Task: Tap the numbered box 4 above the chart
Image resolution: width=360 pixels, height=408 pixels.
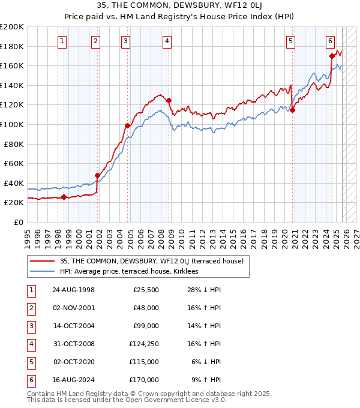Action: (166, 41)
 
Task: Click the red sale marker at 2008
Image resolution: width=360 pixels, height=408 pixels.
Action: (169, 101)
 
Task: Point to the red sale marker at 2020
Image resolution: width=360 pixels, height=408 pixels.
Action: (293, 110)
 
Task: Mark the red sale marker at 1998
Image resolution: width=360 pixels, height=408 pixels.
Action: (64, 197)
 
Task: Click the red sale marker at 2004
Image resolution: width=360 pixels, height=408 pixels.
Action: (127, 125)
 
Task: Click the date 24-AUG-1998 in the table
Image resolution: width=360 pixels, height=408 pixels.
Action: (73, 290)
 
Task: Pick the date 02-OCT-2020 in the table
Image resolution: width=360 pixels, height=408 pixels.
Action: (73, 362)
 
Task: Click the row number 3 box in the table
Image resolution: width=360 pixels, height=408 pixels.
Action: (31, 326)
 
